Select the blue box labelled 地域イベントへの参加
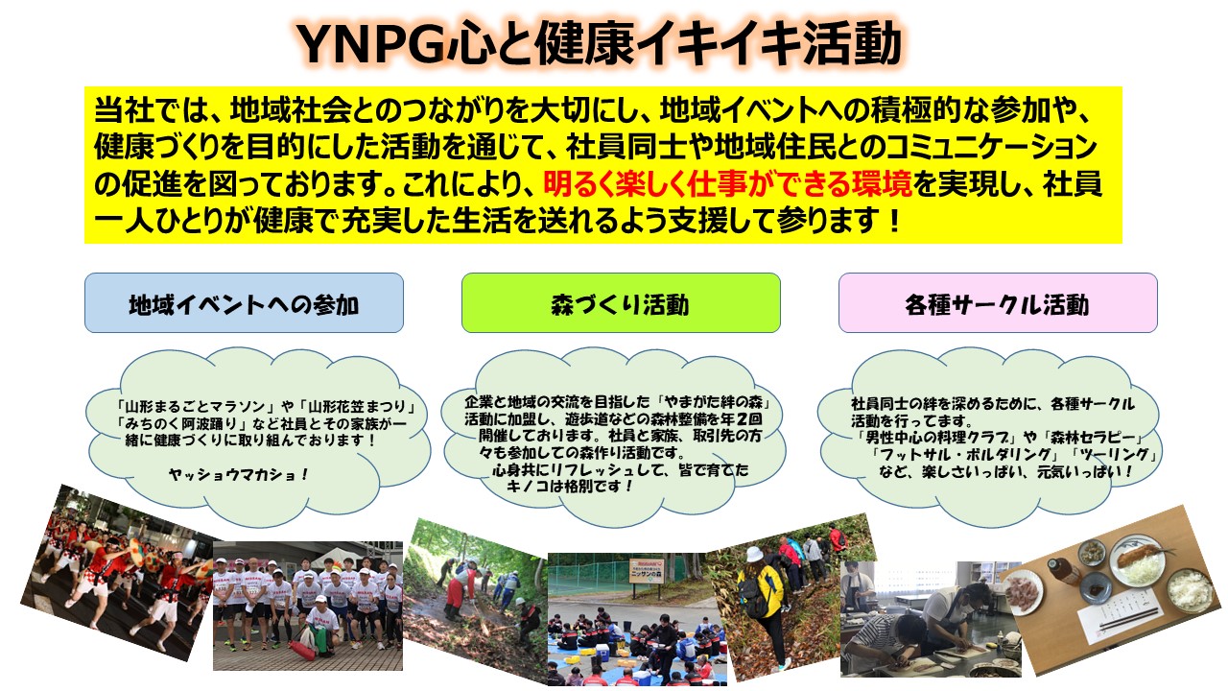[244, 302]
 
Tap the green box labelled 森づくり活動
[621, 302]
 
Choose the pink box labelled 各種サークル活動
[998, 302]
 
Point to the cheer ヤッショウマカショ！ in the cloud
[239, 474]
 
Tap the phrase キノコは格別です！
[570, 486]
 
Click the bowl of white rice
[1189, 590]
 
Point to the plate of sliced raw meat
[1022, 592]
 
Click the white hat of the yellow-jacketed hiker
[754, 555]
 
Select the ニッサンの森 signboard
[647, 572]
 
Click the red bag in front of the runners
[302, 651]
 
